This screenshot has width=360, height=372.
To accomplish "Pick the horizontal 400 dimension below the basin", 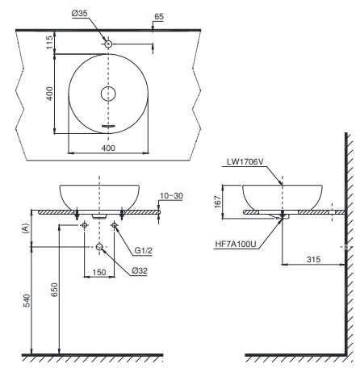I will (x=109, y=148).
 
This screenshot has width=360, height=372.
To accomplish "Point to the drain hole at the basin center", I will (x=109, y=94).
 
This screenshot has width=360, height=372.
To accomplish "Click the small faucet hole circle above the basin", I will (x=109, y=43).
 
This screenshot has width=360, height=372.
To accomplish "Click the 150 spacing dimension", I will (x=99, y=272).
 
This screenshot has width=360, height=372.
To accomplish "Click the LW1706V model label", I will (x=247, y=162).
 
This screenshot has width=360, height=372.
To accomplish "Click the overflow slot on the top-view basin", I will (x=109, y=127).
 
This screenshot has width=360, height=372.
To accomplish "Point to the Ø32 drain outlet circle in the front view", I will (x=99, y=246).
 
